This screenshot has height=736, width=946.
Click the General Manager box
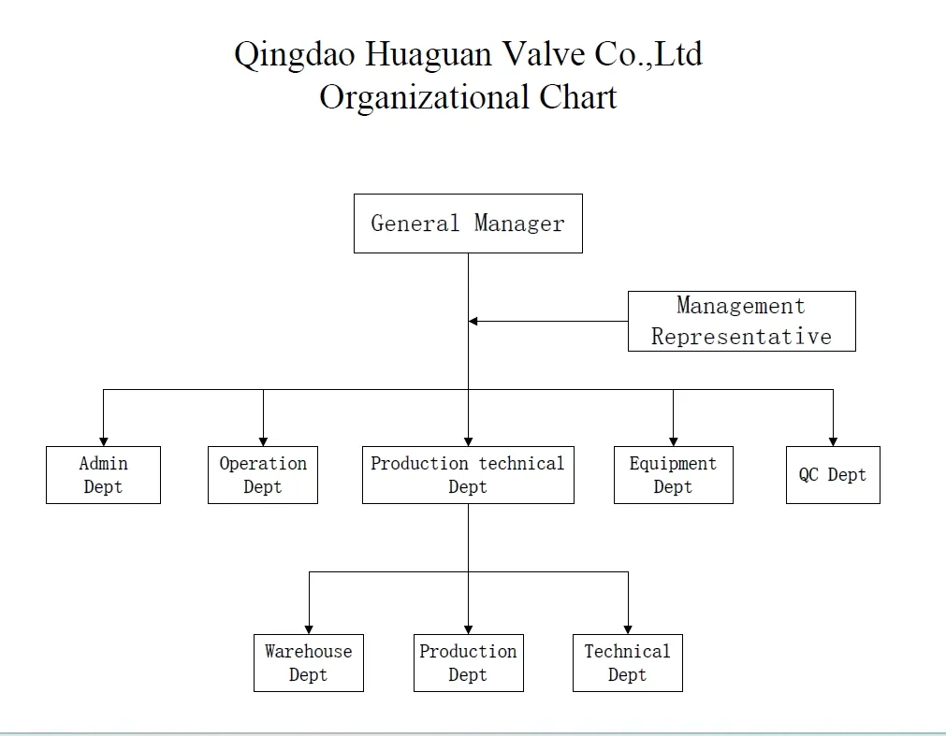point(468,224)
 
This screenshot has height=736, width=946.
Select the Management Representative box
point(741,321)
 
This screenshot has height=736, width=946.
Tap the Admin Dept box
point(103,475)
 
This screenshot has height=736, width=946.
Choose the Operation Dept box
point(263,475)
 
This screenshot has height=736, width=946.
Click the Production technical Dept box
point(468,475)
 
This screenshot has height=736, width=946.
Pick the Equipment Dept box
point(673,475)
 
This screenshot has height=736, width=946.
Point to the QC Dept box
point(833,475)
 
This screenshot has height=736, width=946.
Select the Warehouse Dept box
point(309,663)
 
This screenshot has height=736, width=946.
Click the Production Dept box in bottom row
point(468,663)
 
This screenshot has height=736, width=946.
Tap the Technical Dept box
point(627,663)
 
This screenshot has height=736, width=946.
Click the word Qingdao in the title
point(294,55)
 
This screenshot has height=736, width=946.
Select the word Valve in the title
point(543,54)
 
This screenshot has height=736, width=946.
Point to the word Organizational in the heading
point(425,97)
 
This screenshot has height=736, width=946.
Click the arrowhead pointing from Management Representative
point(473,321)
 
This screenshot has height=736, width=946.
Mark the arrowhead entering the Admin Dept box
point(103,441)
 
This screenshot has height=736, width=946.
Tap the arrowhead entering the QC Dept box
point(833,441)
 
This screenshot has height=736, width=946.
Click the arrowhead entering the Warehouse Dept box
point(309,629)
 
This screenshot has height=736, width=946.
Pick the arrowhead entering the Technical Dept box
point(627,629)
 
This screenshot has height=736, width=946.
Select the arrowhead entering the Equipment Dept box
point(673,441)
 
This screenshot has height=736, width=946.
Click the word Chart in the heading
point(577,97)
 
